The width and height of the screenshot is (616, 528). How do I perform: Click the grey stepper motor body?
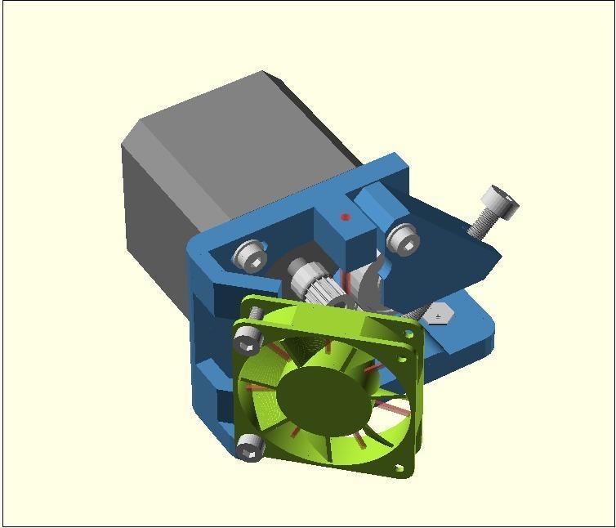(x=180, y=188)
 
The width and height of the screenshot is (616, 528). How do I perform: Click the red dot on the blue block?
(x=346, y=217)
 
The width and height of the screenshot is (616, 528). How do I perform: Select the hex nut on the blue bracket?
(x=440, y=314)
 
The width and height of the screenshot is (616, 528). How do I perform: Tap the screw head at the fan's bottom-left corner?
(x=248, y=446)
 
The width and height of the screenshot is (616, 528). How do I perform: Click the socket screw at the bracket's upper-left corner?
(x=251, y=255)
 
